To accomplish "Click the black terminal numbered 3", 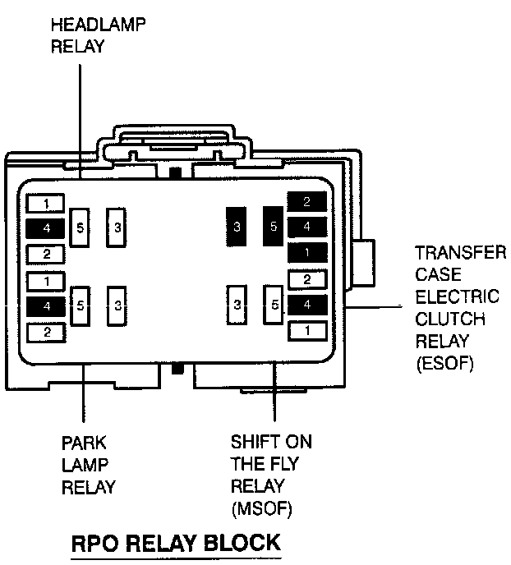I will (x=237, y=227).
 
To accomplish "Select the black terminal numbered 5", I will (x=274, y=225).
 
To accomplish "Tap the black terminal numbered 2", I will (x=307, y=201).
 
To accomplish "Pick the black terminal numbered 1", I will (x=307, y=252).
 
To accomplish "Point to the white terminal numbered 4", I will (x=307, y=305).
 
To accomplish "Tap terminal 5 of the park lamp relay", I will (x=80, y=305).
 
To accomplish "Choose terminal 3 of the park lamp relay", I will (x=118, y=305).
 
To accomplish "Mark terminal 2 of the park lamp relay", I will (x=46, y=332).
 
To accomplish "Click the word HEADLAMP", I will (x=99, y=25).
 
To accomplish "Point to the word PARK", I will (x=84, y=443).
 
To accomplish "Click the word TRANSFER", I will (x=460, y=252).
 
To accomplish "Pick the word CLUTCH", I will (x=450, y=319).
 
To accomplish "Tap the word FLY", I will (x=285, y=465).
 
